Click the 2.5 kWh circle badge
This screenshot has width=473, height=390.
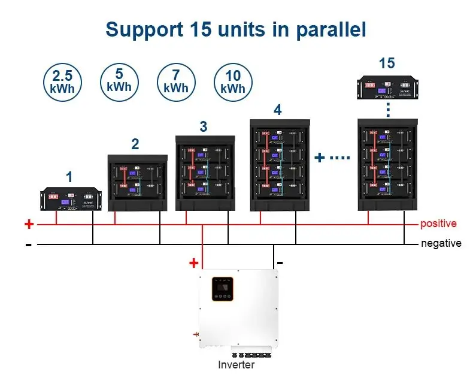click(62, 82)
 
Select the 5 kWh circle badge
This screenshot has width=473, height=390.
click(119, 81)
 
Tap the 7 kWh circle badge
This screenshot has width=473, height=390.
click(176, 82)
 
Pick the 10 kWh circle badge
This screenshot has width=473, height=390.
click(233, 82)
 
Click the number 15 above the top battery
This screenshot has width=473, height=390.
click(387, 63)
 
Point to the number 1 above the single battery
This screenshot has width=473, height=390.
click(69, 177)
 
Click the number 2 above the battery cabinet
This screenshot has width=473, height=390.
click(135, 144)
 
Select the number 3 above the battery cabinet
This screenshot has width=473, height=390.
click(204, 126)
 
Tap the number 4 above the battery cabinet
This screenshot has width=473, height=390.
click(277, 110)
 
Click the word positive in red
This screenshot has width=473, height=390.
click(438, 223)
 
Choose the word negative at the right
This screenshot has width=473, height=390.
click(441, 243)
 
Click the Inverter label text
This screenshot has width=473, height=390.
click(236, 365)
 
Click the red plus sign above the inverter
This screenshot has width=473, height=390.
click(193, 262)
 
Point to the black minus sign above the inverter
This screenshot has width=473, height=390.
click(280, 262)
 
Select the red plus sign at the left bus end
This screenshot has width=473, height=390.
click(29, 224)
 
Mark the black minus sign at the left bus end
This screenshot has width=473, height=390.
click(28, 245)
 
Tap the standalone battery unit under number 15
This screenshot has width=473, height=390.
click(387, 87)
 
